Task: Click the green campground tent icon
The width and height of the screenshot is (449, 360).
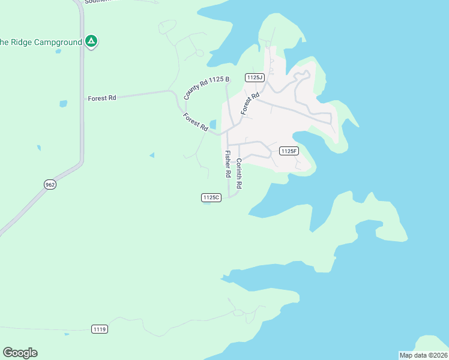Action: [91, 41]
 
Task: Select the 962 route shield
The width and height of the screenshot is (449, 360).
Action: [50, 185]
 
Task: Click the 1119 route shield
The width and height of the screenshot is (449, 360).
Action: [100, 329]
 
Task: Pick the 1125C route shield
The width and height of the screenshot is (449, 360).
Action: [211, 197]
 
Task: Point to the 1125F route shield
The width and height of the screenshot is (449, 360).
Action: [289, 151]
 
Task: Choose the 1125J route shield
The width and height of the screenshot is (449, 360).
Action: [255, 77]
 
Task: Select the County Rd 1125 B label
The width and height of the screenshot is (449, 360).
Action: [199, 88]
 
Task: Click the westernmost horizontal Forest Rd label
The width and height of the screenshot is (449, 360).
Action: [101, 98]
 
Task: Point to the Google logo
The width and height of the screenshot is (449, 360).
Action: [20, 353]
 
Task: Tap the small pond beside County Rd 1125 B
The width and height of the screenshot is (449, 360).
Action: [212, 124]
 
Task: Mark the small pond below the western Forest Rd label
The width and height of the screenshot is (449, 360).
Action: [63, 104]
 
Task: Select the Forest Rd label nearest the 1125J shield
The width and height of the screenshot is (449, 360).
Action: [250, 103]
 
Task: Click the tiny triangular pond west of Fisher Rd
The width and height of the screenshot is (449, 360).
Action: [152, 155]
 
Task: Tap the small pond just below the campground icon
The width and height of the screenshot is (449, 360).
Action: [58, 51]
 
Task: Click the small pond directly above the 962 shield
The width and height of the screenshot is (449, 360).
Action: [39, 147]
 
